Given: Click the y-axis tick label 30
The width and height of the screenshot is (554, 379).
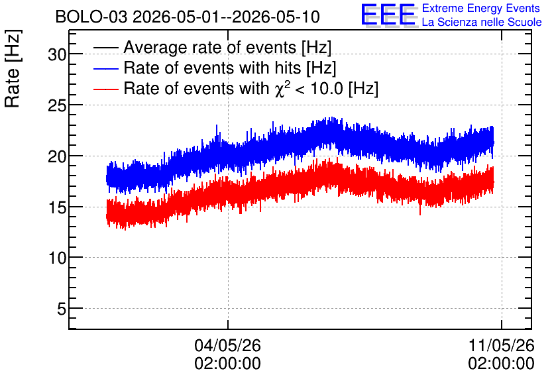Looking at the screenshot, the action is click(x=57, y=54).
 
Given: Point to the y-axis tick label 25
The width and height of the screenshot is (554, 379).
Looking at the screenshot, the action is click(x=57, y=105).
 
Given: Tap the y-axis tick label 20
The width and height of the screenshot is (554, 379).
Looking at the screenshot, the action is click(x=57, y=156).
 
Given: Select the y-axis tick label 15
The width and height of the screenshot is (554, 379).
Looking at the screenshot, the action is click(x=57, y=207).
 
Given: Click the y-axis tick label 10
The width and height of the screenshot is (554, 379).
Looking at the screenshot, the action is click(x=57, y=258).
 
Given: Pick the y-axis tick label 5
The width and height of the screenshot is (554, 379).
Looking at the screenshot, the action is click(x=62, y=309).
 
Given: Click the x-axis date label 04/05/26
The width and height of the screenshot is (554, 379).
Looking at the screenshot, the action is click(x=227, y=345).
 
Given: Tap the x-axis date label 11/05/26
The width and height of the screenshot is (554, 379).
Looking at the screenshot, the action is click(x=502, y=345).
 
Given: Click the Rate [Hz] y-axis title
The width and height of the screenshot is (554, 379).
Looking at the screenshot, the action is click(x=13, y=68).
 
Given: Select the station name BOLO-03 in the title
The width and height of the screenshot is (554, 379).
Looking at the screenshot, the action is click(x=91, y=17).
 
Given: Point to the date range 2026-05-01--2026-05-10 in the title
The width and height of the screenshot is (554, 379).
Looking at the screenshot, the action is click(x=226, y=17).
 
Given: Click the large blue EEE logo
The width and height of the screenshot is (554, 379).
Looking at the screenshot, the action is click(x=388, y=15).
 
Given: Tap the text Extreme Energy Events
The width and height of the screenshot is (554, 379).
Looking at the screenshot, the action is click(x=481, y=8).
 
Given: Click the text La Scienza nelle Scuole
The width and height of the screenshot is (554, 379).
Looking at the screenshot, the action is click(x=482, y=22).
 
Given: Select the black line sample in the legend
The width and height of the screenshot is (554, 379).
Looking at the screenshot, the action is click(x=105, y=47).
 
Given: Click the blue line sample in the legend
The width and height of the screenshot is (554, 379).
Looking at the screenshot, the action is click(x=105, y=68).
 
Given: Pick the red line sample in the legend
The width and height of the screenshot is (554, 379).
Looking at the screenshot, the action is click(x=105, y=89).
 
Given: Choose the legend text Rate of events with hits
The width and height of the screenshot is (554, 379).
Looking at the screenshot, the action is click(x=212, y=68).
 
